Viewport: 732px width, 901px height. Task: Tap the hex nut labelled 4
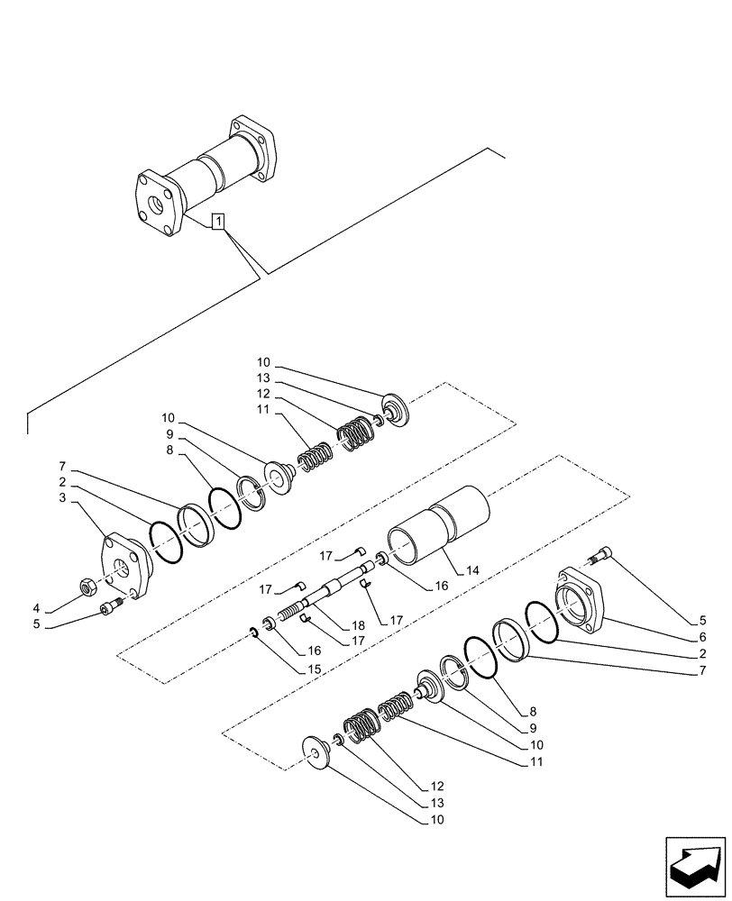(90, 587)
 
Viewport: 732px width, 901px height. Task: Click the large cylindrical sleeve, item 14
(442, 526)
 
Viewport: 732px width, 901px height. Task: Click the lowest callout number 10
(436, 820)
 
